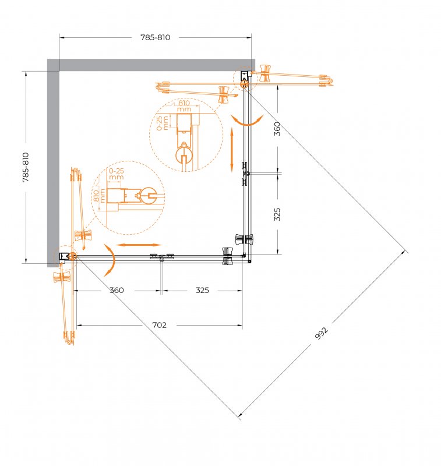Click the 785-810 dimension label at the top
[155, 37]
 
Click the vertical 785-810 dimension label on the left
[26, 167]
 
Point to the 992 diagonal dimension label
[321, 333]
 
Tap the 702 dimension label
[159, 325]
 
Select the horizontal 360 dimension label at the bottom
[117, 290]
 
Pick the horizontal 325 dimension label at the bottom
[202, 290]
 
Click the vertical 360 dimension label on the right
[277, 128]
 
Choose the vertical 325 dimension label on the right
[277, 214]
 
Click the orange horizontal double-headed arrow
[139, 245]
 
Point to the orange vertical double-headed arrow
[232, 150]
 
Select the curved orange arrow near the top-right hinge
[247, 121]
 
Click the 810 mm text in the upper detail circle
[184, 106]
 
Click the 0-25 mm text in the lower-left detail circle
[116, 174]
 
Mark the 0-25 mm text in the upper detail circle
[163, 123]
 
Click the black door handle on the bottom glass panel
[227, 256]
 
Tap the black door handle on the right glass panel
[244, 239]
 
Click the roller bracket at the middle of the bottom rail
[162, 257]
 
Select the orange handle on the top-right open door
[264, 73]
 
